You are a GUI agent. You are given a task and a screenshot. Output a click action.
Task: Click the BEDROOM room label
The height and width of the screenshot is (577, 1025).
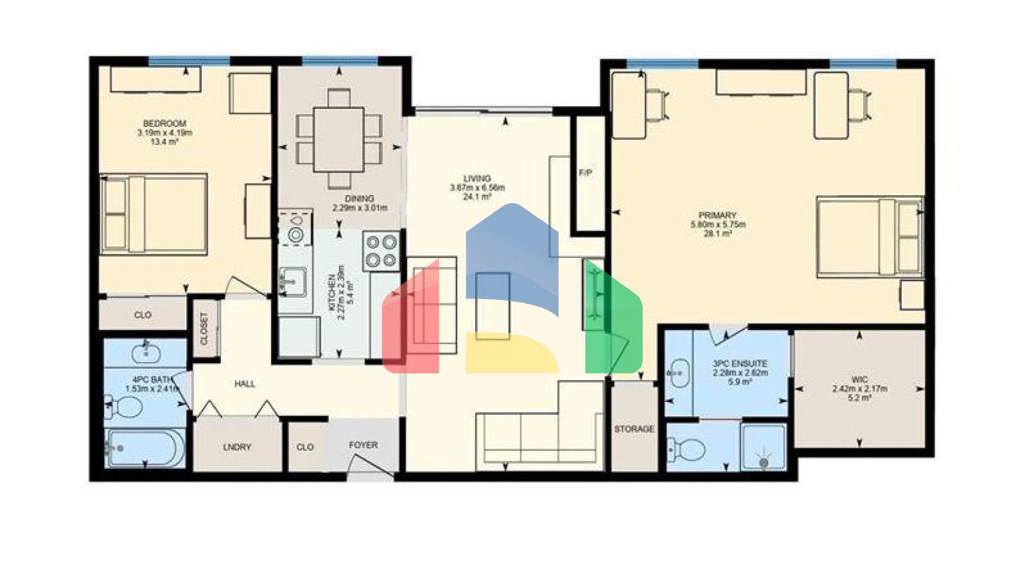(164, 124)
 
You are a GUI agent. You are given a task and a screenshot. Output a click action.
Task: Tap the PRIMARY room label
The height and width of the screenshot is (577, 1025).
(717, 216)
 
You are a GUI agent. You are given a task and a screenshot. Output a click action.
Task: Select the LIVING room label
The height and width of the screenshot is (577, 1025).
(477, 179)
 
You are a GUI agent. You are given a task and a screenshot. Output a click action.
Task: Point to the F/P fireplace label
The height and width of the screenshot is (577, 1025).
(585, 174)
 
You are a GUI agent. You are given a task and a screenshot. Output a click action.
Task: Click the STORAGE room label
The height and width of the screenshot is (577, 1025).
(634, 429)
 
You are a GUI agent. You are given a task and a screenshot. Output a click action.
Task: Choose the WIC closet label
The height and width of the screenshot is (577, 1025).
(860, 379)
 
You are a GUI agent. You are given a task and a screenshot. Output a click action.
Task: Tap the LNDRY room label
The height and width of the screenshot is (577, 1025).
(237, 447)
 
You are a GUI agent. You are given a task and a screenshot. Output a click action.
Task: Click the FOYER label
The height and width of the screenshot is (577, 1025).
(363, 445)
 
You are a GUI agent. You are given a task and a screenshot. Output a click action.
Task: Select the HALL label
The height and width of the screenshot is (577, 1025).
(245, 384)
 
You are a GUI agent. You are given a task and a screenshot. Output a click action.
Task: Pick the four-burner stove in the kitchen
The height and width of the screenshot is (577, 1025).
(382, 250)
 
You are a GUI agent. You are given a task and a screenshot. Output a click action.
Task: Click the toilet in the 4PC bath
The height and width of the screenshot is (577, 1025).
(125, 406)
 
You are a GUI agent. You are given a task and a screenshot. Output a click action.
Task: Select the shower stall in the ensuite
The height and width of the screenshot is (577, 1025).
(763, 446)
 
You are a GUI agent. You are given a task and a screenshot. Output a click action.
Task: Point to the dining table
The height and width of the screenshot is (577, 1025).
(339, 140)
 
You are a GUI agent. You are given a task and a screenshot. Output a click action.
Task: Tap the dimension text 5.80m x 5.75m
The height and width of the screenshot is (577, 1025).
(717, 225)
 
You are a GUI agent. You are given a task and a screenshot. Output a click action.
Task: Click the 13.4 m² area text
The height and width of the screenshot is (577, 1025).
(164, 142)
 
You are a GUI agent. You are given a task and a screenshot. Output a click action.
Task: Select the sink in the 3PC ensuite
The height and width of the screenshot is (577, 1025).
(678, 373)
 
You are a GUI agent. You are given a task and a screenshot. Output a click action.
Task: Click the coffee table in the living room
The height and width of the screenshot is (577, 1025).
(492, 306)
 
